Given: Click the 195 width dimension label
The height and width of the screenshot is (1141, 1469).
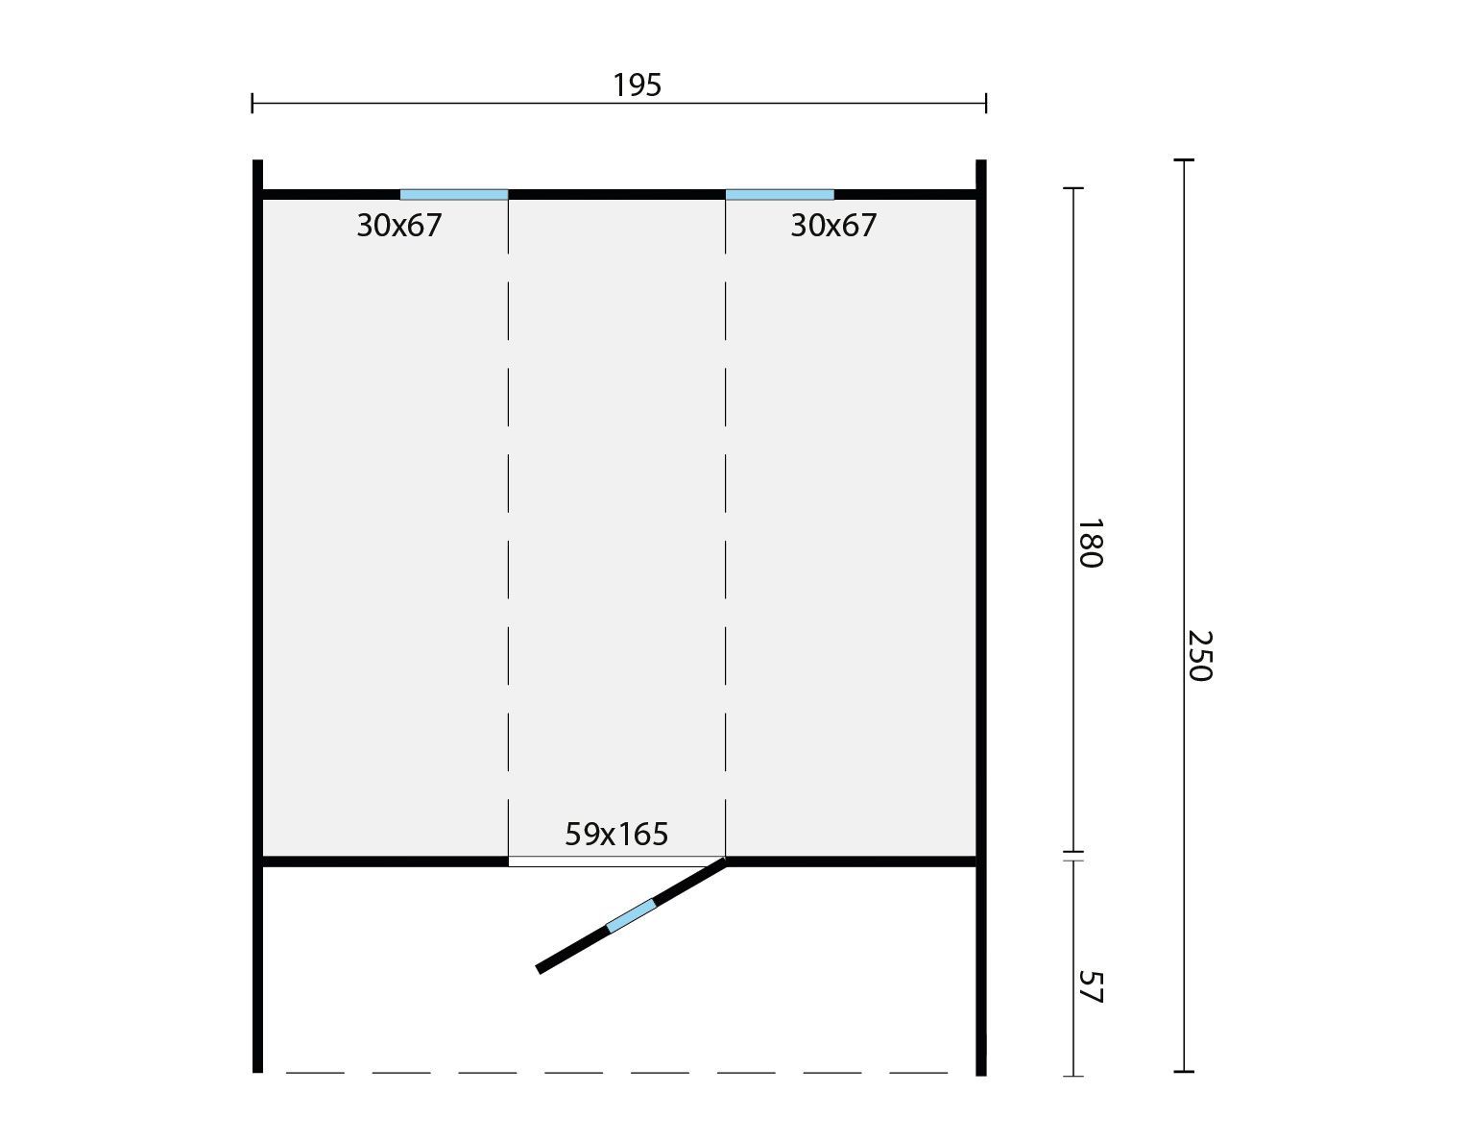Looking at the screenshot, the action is (x=637, y=85).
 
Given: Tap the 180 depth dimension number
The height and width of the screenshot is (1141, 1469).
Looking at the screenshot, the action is (x=1090, y=544).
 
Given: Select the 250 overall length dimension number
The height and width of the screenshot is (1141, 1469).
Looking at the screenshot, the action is (x=1200, y=656).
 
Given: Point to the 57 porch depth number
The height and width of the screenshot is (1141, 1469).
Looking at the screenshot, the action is (x=1090, y=987).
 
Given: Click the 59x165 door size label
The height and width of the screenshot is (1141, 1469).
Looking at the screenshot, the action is (x=616, y=834).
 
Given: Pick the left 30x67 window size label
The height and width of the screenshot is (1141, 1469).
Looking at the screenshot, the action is (x=398, y=225).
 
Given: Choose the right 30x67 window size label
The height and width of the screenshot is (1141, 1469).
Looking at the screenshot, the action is (x=832, y=225).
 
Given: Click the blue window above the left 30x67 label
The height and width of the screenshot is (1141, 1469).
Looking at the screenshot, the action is (x=453, y=195).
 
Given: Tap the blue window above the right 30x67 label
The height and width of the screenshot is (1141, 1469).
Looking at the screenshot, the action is (x=780, y=195).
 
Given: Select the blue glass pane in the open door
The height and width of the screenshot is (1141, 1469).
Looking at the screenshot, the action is (x=631, y=916).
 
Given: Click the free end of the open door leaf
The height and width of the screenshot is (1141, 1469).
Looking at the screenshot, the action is (x=539, y=970).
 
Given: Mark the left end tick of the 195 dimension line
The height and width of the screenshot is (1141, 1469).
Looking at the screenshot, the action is (x=253, y=104).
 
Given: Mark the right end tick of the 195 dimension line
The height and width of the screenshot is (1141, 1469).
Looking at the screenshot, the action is (x=986, y=104).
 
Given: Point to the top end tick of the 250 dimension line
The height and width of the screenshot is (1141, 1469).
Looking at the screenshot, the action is (x=1184, y=160).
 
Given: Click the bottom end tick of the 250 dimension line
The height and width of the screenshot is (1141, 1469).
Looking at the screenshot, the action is (x=1184, y=1072).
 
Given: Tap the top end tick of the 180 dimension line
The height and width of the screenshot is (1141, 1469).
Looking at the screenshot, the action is (x=1072, y=188).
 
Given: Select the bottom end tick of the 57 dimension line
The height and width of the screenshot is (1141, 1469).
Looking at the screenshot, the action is (x=1072, y=1076).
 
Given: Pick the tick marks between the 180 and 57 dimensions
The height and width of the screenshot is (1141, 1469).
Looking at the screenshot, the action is (x=1072, y=857).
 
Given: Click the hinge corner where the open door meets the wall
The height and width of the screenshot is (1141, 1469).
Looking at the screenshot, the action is (x=725, y=861).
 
